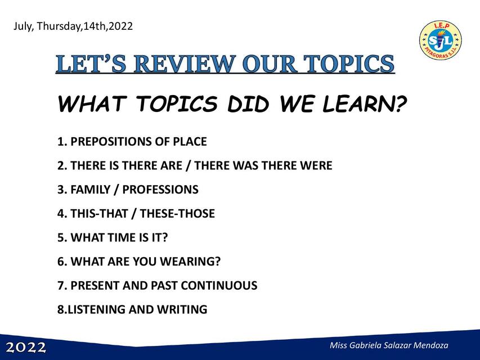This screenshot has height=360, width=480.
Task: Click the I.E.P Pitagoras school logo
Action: click(x=440, y=41)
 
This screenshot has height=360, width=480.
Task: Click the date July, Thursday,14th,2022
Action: click(x=73, y=26)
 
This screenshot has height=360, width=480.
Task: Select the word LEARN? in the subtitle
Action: click(x=364, y=104)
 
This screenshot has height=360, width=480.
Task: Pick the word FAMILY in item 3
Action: click(x=90, y=190)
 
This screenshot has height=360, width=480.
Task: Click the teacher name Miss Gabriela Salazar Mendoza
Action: click(x=389, y=345)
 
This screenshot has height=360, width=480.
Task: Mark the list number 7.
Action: click(x=61, y=285)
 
